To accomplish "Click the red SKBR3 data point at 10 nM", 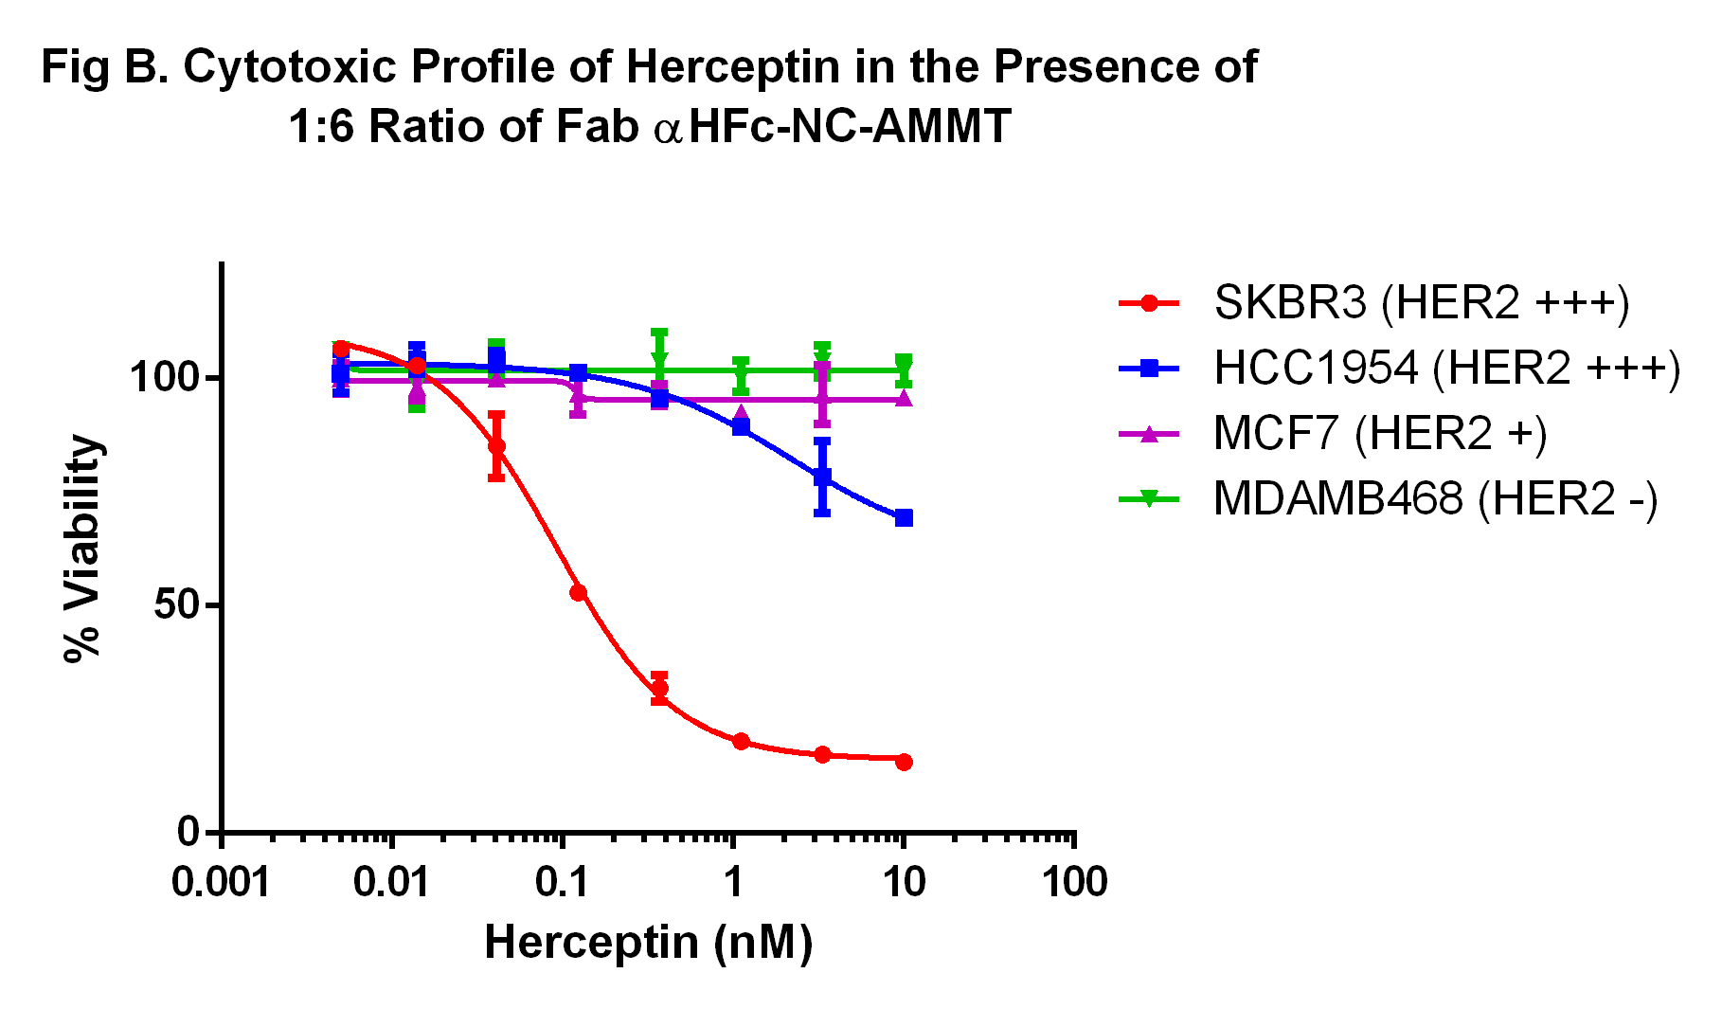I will [x=904, y=762].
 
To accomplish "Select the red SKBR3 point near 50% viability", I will [x=578, y=593].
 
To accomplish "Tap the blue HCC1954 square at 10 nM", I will [x=904, y=517].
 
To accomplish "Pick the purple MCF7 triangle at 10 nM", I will [x=904, y=399].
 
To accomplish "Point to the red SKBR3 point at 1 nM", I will [x=741, y=741].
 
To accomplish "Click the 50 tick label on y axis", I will [x=177, y=604].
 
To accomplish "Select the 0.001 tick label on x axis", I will [x=222, y=883].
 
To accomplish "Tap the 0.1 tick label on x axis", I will [x=562, y=883].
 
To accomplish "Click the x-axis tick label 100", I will [x=1074, y=883].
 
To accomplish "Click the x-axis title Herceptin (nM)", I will [x=648, y=943].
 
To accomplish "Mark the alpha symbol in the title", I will [x=668, y=129].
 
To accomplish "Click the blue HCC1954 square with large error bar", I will [x=822, y=477].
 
